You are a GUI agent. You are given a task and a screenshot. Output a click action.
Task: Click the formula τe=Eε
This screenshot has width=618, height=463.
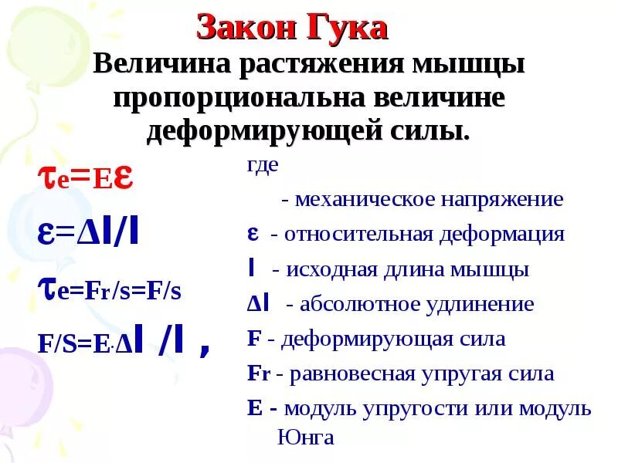pyautogui.click(x=86, y=177)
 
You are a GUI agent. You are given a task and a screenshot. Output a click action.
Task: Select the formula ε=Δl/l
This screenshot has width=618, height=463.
pyautogui.click(x=88, y=234)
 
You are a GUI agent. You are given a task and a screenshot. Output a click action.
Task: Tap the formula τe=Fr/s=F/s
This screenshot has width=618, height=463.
pyautogui.click(x=109, y=290)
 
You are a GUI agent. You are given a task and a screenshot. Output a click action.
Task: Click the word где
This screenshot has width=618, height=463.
pyautogui.click(x=262, y=166)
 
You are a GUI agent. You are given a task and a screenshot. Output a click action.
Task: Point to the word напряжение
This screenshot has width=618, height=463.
pyautogui.click(x=502, y=200)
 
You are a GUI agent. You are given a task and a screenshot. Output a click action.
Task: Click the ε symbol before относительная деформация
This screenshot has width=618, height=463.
pyautogui.click(x=252, y=234)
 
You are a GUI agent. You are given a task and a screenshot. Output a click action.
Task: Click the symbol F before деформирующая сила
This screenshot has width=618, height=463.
pyautogui.click(x=253, y=339)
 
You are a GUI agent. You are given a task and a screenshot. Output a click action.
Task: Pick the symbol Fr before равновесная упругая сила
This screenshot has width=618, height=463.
pyautogui.click(x=257, y=373)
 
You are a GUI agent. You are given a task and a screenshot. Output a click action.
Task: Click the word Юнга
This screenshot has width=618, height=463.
pyautogui.click(x=305, y=438)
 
